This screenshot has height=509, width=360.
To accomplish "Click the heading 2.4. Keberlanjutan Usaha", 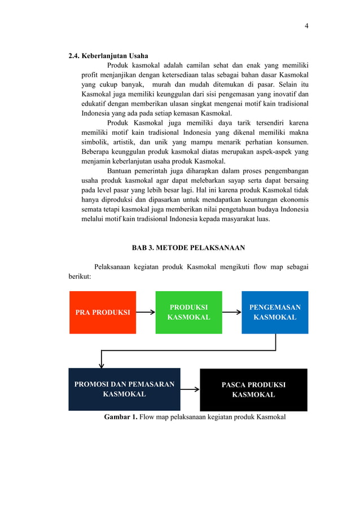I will tap(108, 56).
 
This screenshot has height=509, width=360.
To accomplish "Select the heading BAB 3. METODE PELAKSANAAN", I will tap(188, 247).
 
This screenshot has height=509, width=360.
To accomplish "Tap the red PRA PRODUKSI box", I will tap(103, 312).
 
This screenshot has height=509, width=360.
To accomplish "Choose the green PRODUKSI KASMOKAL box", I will tap(188, 312).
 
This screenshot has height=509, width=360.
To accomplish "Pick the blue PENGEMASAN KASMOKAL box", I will tap(275, 312).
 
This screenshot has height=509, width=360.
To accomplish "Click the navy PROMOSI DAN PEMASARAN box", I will tap(124, 389).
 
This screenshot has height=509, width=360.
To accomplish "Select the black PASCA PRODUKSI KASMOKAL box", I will tap(253, 389).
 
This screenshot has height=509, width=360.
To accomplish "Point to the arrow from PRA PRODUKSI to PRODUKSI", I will tap(146, 312).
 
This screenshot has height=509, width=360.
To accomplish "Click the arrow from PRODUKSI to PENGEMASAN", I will tap(231, 312).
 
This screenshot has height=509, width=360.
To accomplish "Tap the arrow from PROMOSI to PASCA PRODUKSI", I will tap(190, 389).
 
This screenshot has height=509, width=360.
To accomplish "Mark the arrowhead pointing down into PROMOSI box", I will tap(102, 365).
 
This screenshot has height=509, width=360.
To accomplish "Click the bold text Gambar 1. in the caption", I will tap(121, 418).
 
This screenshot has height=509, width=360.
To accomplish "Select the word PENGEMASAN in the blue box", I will tap(275, 308).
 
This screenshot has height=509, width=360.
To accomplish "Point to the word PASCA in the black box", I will tap(232, 385).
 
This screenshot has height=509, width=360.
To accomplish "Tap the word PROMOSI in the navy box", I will tap(93, 385).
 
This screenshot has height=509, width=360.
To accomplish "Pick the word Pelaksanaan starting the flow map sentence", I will tap(116, 266).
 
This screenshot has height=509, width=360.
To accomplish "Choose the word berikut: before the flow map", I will tap(76, 277).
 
